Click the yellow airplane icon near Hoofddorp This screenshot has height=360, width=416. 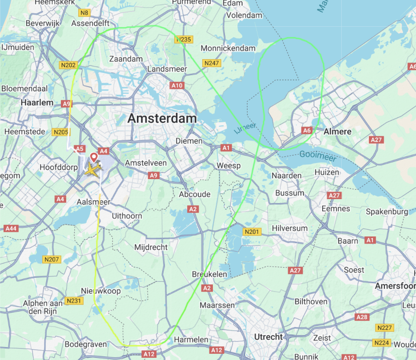point(93,170)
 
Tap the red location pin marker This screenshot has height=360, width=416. point(93,157)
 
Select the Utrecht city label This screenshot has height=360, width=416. point(268,337)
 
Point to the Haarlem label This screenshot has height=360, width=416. point(37,103)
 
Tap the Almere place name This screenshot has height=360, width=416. point(337,132)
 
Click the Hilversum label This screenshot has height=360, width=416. point(289,228)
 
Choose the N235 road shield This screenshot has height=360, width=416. point(183,40)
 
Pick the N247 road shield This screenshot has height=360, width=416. point(212,63)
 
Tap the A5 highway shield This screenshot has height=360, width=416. point(79,149)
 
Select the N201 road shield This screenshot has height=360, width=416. point(252,232)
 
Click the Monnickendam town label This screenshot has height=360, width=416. point(228,48)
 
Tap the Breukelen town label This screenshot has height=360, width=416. point(210,275)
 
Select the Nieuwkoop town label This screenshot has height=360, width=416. point(101,291)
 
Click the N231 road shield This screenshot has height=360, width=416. point(74,301)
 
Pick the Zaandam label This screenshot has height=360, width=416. point(126,59)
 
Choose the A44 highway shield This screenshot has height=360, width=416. point(11,228)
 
